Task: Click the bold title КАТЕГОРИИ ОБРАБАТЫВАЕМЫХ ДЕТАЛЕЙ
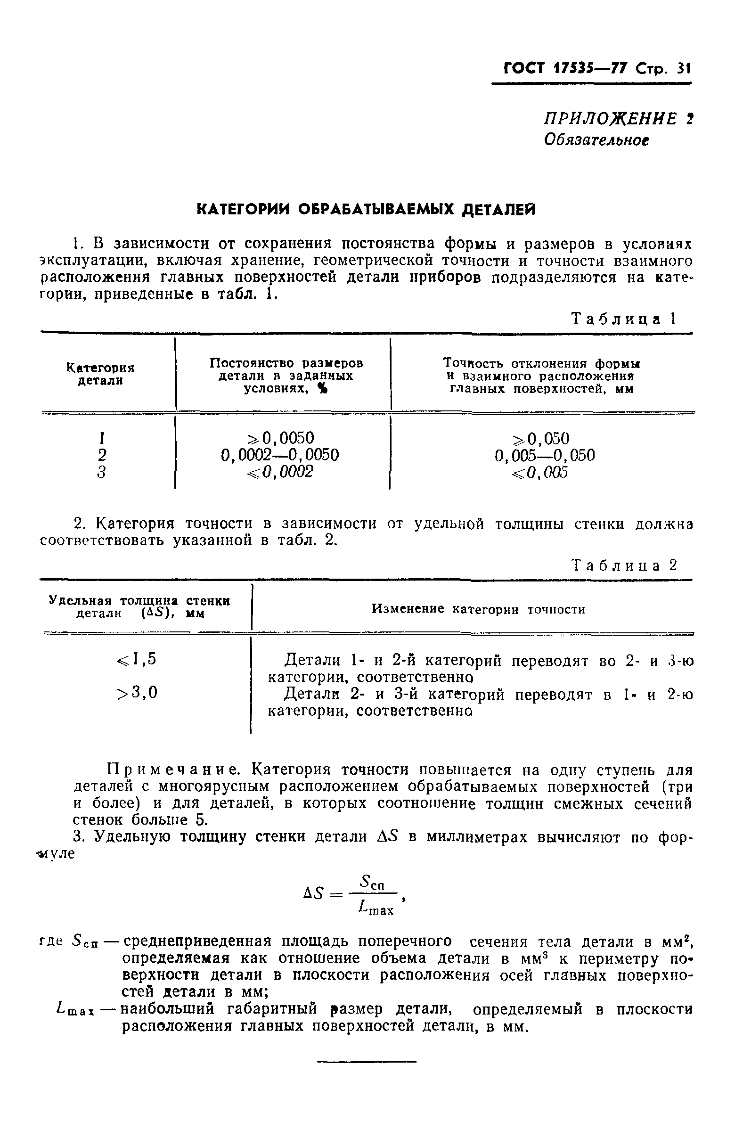367,210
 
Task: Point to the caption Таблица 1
624,319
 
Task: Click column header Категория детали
100,374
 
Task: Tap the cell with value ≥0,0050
281,438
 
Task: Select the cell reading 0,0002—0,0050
280,455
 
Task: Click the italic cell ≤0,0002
281,472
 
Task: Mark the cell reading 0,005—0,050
545,455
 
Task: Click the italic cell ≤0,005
540,472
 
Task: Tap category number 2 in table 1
102,455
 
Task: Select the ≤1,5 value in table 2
137,659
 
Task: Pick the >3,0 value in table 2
137,693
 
